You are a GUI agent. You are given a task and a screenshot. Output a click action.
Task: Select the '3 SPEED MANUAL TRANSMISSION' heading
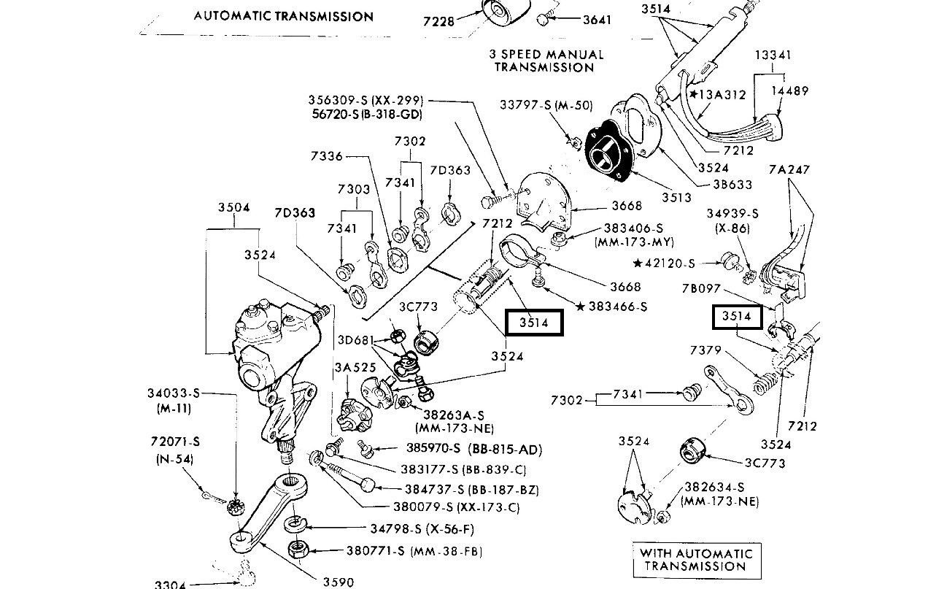(x=545, y=61)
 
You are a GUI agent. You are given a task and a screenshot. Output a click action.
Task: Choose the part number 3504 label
(x=233, y=207)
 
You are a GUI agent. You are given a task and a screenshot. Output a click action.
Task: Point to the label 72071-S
(x=175, y=442)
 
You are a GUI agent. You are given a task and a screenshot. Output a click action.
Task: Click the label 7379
(x=705, y=351)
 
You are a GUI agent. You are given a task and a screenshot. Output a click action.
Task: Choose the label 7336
(x=325, y=155)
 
